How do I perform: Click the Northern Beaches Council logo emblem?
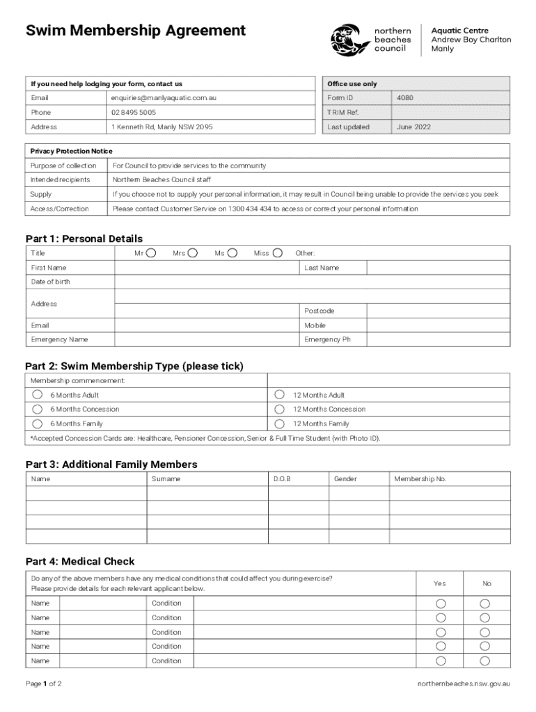click(349, 40)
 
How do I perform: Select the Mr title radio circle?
click(150, 253)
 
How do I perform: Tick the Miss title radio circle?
click(278, 253)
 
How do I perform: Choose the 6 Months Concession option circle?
click(38, 409)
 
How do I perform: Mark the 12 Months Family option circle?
click(280, 423)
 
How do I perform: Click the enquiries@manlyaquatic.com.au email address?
click(164, 98)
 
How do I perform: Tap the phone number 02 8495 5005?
click(134, 112)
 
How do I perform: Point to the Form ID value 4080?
click(405, 98)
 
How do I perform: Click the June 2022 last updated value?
click(413, 127)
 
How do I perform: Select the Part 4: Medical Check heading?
click(80, 561)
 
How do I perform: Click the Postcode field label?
click(319, 311)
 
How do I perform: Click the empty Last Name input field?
click(438, 268)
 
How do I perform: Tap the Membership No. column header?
click(420, 479)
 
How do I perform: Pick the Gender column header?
click(345, 479)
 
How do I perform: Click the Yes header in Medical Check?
click(440, 583)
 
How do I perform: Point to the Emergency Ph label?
click(323, 339)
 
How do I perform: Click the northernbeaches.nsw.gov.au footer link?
click(464, 683)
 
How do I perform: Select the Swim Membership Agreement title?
click(136, 31)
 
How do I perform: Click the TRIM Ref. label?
click(342, 113)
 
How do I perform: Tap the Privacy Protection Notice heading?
click(71, 151)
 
